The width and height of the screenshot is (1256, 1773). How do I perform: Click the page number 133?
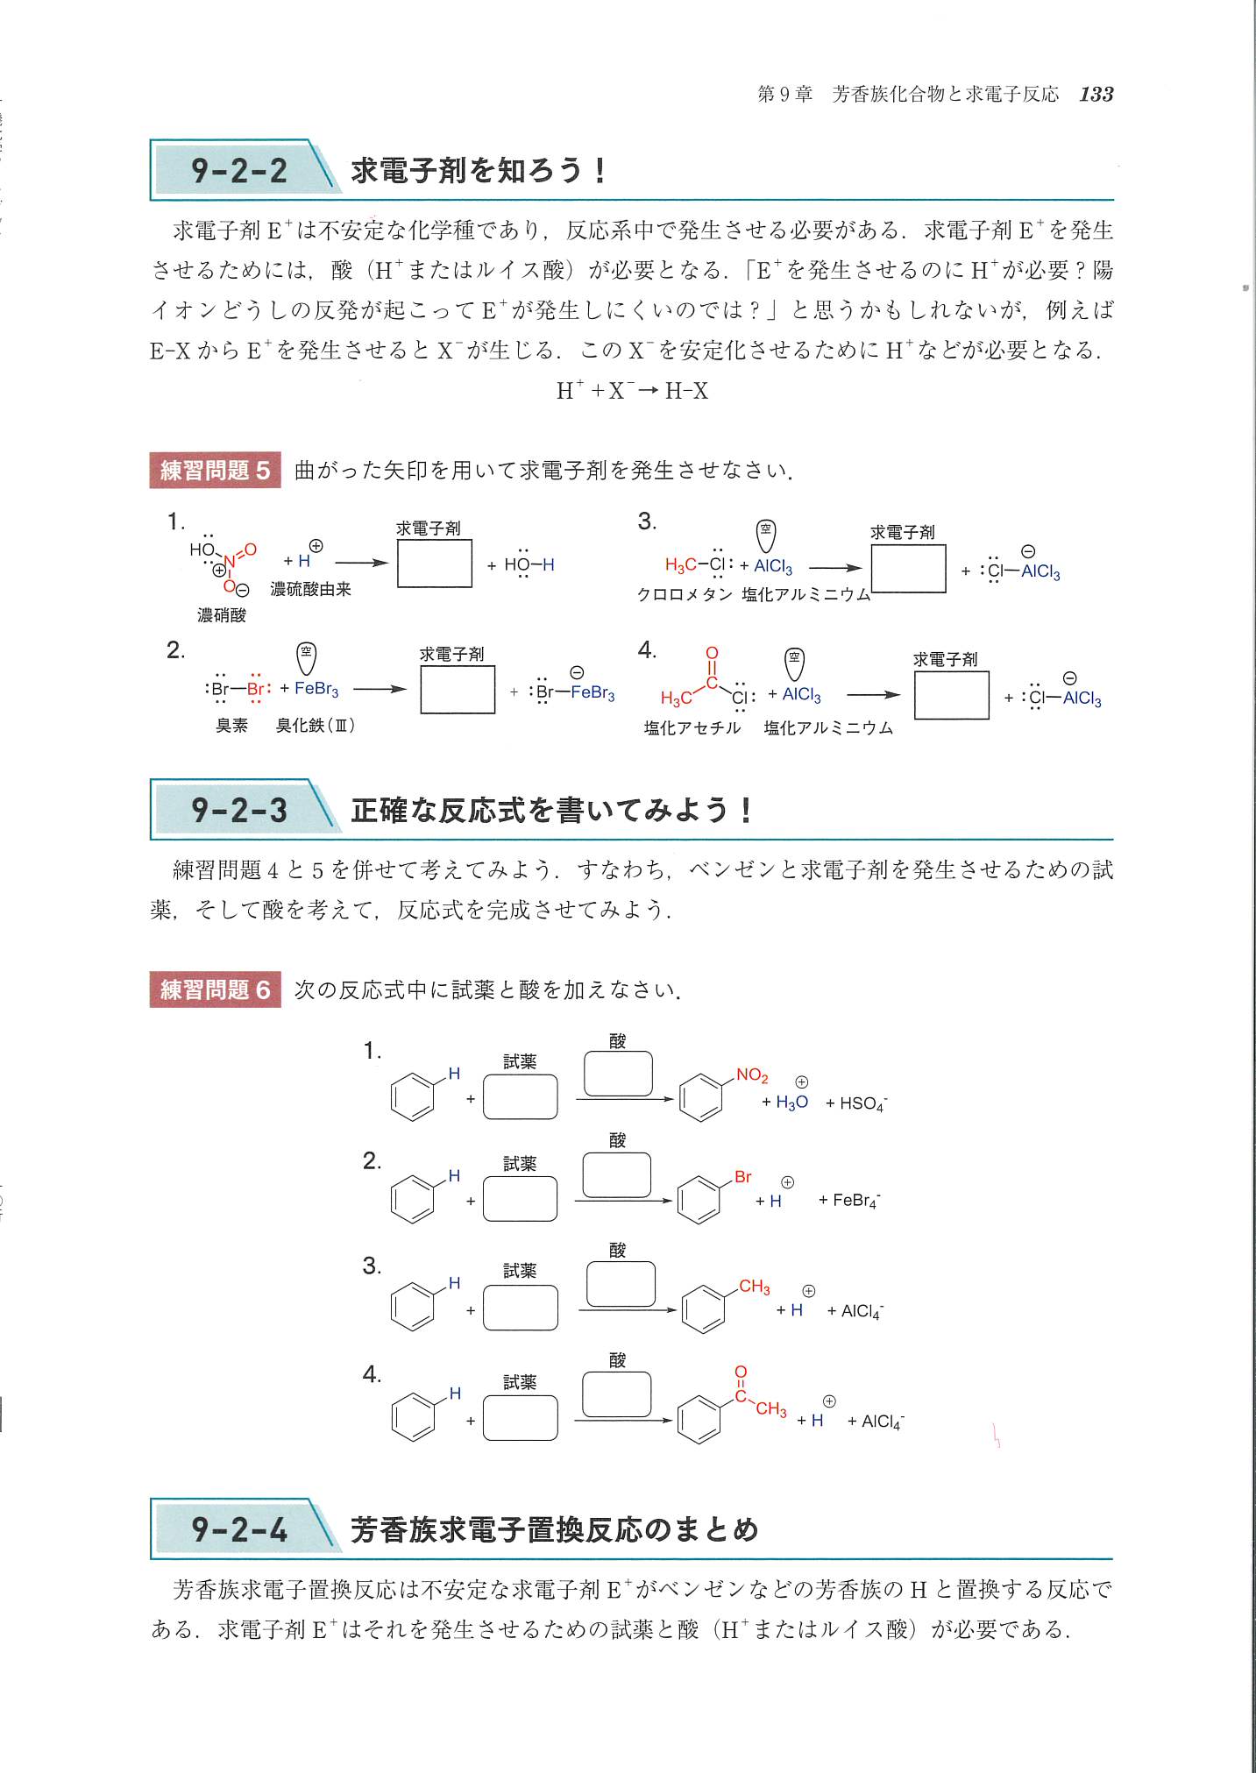pyautogui.click(x=1096, y=95)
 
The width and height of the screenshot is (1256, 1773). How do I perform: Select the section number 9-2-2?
pyautogui.click(x=239, y=170)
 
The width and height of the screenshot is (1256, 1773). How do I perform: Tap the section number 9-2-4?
pyautogui.click(x=239, y=1529)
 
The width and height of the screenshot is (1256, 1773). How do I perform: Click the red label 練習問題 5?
pyautogui.click(x=215, y=471)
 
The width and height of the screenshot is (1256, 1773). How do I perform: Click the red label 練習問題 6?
pyautogui.click(x=215, y=989)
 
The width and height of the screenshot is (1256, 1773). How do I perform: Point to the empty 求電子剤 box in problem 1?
pyautogui.click(x=434, y=563)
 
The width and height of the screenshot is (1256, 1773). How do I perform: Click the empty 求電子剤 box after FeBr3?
pyautogui.click(x=458, y=690)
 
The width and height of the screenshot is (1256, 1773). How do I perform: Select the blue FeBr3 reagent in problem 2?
pyautogui.click(x=316, y=689)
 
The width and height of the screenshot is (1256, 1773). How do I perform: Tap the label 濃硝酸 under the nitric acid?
pyautogui.click(x=222, y=614)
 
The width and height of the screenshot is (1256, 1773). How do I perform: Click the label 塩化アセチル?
pyautogui.click(x=692, y=727)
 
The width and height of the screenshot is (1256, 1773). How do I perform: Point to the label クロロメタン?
pyautogui.click(x=684, y=594)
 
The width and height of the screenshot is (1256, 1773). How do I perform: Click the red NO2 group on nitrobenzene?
pyautogui.click(x=752, y=1075)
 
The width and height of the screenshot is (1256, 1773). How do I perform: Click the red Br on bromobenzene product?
pyautogui.click(x=743, y=1177)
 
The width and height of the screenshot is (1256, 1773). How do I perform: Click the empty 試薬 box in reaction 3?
pyautogui.click(x=520, y=1308)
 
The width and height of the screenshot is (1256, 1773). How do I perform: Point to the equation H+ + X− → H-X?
pyautogui.click(x=632, y=391)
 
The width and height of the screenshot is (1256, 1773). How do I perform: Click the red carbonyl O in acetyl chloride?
pyautogui.click(x=712, y=653)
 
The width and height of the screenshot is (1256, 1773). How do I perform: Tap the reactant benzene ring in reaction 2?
pyautogui.click(x=413, y=1200)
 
